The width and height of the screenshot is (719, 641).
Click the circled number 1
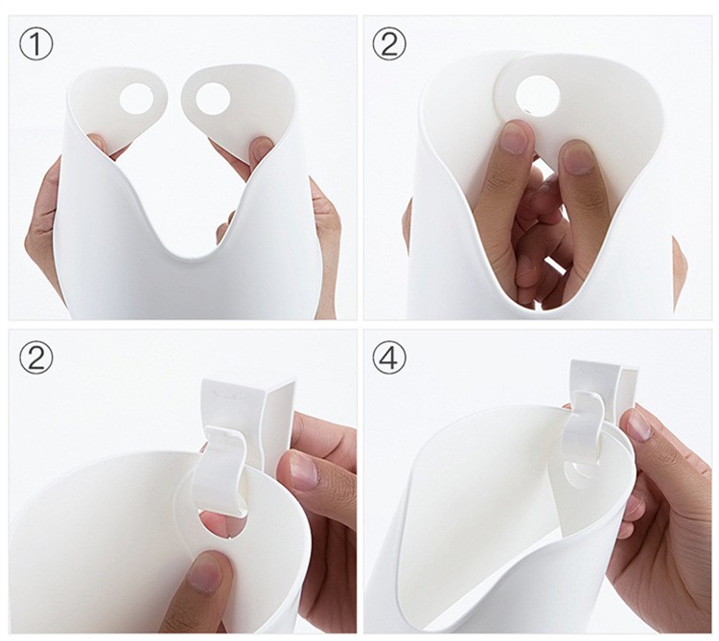point(36,43)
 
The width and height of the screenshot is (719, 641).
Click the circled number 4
point(389,357)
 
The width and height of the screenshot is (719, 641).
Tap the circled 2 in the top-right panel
point(389,43)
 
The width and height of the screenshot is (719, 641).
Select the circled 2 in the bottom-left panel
point(36,357)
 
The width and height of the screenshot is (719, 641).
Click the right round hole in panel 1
point(213,98)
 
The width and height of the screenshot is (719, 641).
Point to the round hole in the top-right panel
point(539,94)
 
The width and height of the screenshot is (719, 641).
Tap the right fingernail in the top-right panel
point(577,157)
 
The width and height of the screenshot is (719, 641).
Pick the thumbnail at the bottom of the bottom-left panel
point(204,574)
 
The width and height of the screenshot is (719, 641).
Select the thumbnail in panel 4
point(637,424)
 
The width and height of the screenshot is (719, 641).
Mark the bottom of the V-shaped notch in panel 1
point(192,256)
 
